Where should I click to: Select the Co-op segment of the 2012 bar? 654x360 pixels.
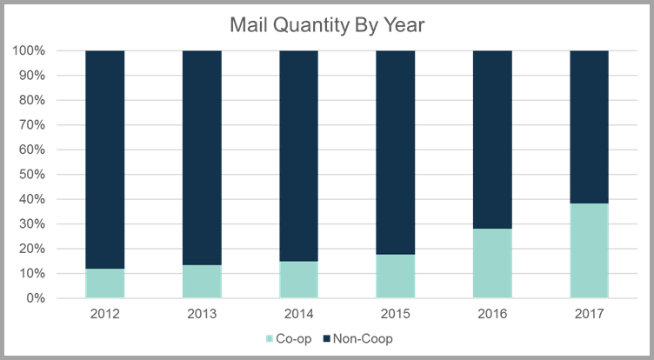click(105, 283)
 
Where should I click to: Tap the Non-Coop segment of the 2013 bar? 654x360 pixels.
click(202, 157)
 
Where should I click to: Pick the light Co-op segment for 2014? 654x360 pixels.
click(298, 280)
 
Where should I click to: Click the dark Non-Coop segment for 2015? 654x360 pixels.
click(395, 152)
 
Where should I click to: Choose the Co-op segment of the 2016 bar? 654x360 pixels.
click(491, 263)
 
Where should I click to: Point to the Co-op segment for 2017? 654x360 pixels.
click(589, 250)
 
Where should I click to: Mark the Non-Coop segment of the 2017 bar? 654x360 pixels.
click(589, 126)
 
